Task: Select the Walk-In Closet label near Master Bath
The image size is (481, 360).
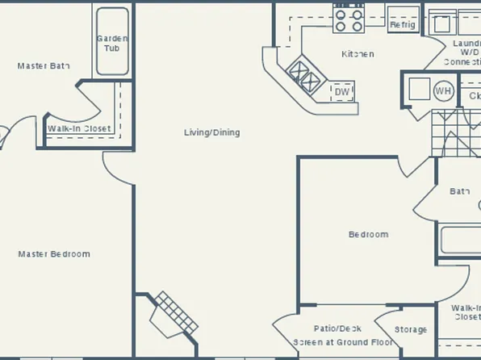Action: (x=79, y=128)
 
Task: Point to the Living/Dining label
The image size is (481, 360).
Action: (x=212, y=132)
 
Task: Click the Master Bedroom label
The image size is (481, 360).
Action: (x=54, y=254)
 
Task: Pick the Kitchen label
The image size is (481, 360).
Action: (x=358, y=54)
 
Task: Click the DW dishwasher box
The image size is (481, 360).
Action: (x=342, y=91)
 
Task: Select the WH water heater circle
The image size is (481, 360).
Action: (x=443, y=90)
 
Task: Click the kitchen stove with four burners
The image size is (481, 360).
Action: (x=349, y=19)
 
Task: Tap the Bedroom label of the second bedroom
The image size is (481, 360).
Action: (x=368, y=235)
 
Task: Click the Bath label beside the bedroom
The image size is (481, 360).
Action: (x=459, y=191)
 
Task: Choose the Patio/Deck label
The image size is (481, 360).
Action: (x=337, y=329)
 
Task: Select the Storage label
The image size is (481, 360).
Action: (x=411, y=329)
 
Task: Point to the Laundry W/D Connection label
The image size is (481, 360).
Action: (x=465, y=52)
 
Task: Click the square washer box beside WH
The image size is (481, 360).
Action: (x=419, y=88)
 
